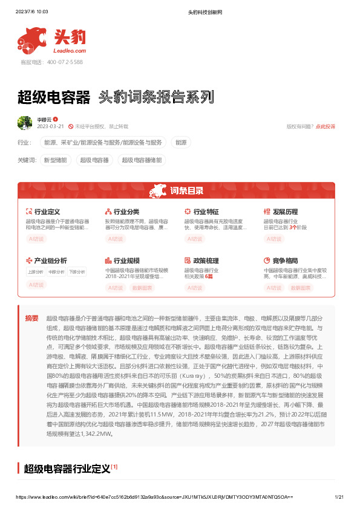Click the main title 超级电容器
coord(54,97)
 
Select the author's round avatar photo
coord(25,123)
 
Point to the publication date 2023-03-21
coord(51,126)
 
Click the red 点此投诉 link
coord(326,126)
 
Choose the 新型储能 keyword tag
coord(56,160)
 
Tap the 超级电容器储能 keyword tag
coord(142,160)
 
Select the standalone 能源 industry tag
coord(181,143)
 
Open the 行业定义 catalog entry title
coord(47,212)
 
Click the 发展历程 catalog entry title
coord(285,212)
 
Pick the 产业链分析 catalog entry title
coord(50,261)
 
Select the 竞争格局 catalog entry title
coord(285,261)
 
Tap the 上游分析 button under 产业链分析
coord(36,272)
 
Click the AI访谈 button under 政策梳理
coord(194,288)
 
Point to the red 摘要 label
coord(31,318)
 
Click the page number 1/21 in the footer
coord(339,496)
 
